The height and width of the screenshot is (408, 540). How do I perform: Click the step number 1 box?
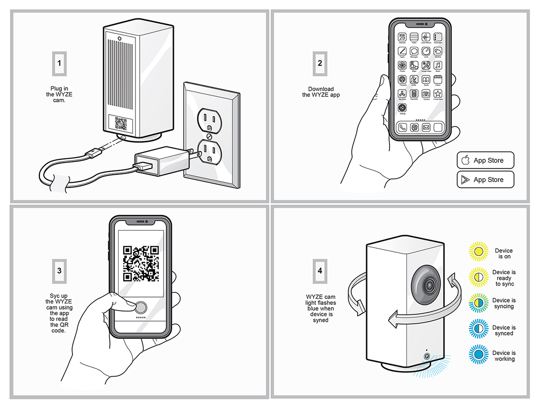pyautogui.click(x=59, y=63)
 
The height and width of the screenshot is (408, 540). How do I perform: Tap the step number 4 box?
pyautogui.click(x=320, y=270)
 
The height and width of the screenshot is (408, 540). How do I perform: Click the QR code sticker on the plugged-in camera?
pyautogui.click(x=120, y=124)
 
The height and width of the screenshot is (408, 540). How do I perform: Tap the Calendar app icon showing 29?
pyautogui.click(x=402, y=37)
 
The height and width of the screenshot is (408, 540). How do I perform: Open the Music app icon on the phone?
pyautogui.click(x=438, y=66)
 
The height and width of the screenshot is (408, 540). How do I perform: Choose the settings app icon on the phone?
pyautogui.click(x=402, y=108)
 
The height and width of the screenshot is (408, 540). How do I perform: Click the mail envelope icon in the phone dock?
pyautogui.click(x=426, y=127)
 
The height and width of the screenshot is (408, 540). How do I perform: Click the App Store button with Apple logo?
pyautogui.click(x=485, y=160)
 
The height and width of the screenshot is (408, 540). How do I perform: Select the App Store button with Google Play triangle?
pyautogui.click(x=485, y=179)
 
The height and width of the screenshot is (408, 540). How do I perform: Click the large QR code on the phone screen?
pyautogui.click(x=141, y=264)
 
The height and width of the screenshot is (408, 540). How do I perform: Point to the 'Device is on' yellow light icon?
pyautogui.click(x=478, y=253)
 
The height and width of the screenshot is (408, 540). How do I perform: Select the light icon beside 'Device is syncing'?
pyautogui.click(x=478, y=304)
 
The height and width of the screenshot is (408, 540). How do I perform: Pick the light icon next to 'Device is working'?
pyautogui.click(x=478, y=356)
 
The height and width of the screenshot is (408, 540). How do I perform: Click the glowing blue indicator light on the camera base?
pyautogui.click(x=426, y=357)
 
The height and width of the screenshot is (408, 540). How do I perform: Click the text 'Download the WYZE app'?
pyautogui.click(x=321, y=92)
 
